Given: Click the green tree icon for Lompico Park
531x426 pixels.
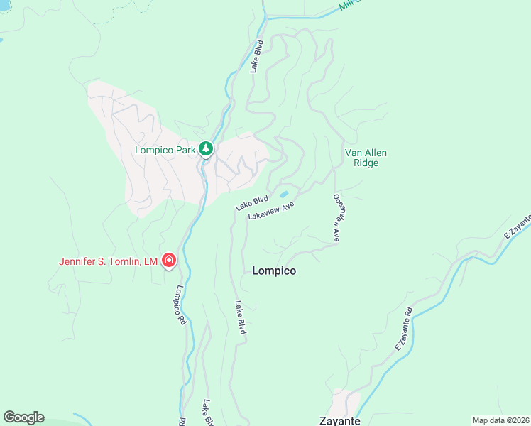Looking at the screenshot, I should (x=206, y=149).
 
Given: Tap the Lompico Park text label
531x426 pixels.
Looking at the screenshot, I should (x=165, y=150).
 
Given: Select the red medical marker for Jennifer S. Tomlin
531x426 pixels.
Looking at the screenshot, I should (x=169, y=261).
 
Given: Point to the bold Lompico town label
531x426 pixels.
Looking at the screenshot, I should (x=274, y=271).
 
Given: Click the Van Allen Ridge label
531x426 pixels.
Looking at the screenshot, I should (x=366, y=158).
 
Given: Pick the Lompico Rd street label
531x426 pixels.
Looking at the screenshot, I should (x=180, y=305).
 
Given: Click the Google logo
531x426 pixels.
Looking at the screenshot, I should (x=23, y=417).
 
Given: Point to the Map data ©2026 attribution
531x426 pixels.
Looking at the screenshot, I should (x=500, y=420).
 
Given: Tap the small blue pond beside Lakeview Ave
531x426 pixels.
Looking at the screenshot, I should (x=284, y=194).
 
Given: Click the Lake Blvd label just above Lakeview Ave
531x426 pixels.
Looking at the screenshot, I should (x=252, y=202).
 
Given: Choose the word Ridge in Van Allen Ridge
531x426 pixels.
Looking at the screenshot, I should (x=366, y=163).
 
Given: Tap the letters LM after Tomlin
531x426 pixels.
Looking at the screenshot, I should (x=150, y=261).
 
